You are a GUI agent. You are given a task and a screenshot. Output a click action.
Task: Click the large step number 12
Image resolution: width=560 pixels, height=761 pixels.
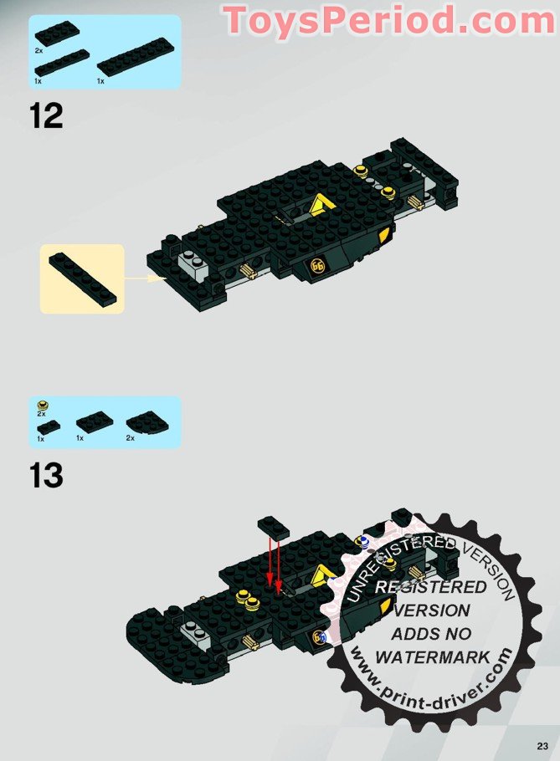[46, 115]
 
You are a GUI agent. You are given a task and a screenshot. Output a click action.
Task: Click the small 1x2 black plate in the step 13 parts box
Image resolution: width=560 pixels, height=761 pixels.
[49, 427]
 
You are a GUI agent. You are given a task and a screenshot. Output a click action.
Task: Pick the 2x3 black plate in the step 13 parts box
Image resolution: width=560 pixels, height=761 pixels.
[95, 420]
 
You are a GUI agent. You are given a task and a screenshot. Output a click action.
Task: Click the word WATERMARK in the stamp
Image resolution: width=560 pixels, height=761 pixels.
[433, 657]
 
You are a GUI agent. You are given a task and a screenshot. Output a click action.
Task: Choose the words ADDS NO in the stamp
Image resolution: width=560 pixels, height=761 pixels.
[432, 634]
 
